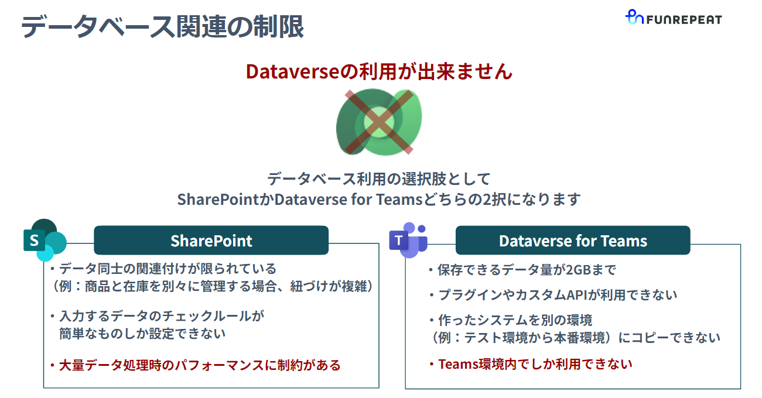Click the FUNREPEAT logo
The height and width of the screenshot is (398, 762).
(674, 19)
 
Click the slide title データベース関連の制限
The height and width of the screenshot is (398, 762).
(162, 27)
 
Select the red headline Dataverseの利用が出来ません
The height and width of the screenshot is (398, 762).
(379, 71)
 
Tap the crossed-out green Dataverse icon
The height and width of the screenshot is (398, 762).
(379, 122)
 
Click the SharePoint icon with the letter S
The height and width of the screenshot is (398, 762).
(44, 240)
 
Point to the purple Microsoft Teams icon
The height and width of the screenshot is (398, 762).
(408, 240)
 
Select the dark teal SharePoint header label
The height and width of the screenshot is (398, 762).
(211, 241)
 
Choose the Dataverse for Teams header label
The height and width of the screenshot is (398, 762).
(573, 241)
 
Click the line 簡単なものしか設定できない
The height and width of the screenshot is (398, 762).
(142, 334)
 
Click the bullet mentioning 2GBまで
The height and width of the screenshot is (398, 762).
(521, 270)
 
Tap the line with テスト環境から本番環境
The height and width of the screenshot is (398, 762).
(574, 338)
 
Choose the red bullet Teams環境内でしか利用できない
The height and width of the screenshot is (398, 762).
(529, 364)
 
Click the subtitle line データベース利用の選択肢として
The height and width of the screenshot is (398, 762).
(379, 179)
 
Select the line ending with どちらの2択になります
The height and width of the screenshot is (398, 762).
(379, 199)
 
